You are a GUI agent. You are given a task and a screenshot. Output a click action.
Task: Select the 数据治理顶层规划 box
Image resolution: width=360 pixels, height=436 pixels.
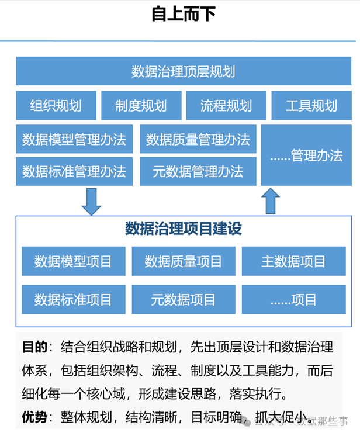click(183, 71)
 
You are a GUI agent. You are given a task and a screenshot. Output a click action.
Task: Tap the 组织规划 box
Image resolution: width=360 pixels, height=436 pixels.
click(56, 105)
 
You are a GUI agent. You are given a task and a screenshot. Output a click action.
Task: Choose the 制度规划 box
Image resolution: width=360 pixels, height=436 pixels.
click(141, 105)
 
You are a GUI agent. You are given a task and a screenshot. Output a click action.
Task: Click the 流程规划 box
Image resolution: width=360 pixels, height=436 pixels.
click(226, 105)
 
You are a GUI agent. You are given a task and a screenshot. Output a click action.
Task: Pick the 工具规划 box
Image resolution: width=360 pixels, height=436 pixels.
click(311, 105)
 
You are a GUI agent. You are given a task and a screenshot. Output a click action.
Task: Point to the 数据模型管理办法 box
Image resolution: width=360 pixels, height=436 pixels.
click(74, 139)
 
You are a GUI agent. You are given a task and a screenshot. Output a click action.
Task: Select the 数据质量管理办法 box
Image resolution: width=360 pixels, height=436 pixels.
click(198, 139)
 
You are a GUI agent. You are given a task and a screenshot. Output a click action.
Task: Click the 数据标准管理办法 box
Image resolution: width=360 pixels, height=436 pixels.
click(74, 171)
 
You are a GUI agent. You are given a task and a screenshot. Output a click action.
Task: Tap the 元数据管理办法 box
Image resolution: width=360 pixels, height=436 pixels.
click(198, 171)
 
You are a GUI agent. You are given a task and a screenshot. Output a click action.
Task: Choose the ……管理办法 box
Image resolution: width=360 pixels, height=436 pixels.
click(306, 155)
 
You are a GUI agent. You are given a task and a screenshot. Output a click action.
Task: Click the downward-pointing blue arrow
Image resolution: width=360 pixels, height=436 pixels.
click(91, 201)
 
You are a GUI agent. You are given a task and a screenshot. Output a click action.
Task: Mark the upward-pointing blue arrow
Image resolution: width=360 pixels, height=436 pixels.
click(270, 200)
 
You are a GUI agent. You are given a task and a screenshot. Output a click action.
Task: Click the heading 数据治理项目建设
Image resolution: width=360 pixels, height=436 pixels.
click(183, 229)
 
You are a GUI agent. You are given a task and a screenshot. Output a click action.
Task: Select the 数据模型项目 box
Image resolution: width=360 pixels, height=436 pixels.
click(72, 261)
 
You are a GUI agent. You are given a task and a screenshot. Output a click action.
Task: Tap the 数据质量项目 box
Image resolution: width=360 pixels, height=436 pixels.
click(183, 261)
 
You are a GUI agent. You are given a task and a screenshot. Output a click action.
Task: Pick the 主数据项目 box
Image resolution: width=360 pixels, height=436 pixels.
click(293, 261)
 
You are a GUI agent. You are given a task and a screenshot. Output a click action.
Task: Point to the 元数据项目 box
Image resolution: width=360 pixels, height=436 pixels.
click(183, 300)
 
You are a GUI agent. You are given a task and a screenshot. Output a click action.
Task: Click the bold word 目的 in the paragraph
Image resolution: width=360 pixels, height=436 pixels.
click(34, 347)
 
